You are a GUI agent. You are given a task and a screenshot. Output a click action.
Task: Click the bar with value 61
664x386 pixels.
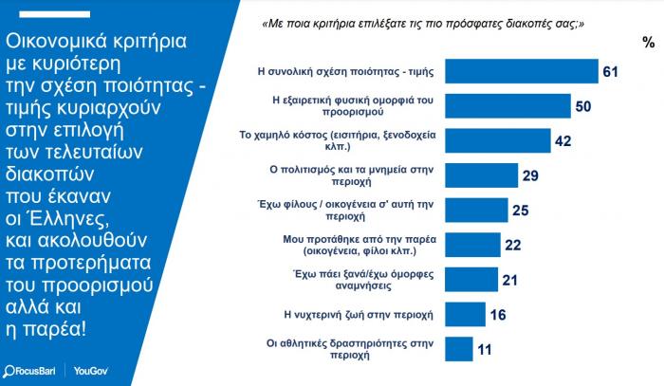click(x=522, y=72)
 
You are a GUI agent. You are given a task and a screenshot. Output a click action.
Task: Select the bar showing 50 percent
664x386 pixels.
click(x=507, y=106)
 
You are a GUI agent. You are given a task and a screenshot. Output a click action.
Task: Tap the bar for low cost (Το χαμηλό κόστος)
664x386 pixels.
click(x=498, y=141)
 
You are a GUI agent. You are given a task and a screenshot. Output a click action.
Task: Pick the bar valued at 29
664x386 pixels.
click(x=482, y=175)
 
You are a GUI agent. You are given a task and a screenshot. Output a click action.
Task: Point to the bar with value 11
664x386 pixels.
click(x=460, y=349)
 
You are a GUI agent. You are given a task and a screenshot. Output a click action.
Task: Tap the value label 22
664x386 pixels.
click(x=513, y=245)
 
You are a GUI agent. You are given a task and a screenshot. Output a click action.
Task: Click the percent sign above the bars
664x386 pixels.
click(x=648, y=43)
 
